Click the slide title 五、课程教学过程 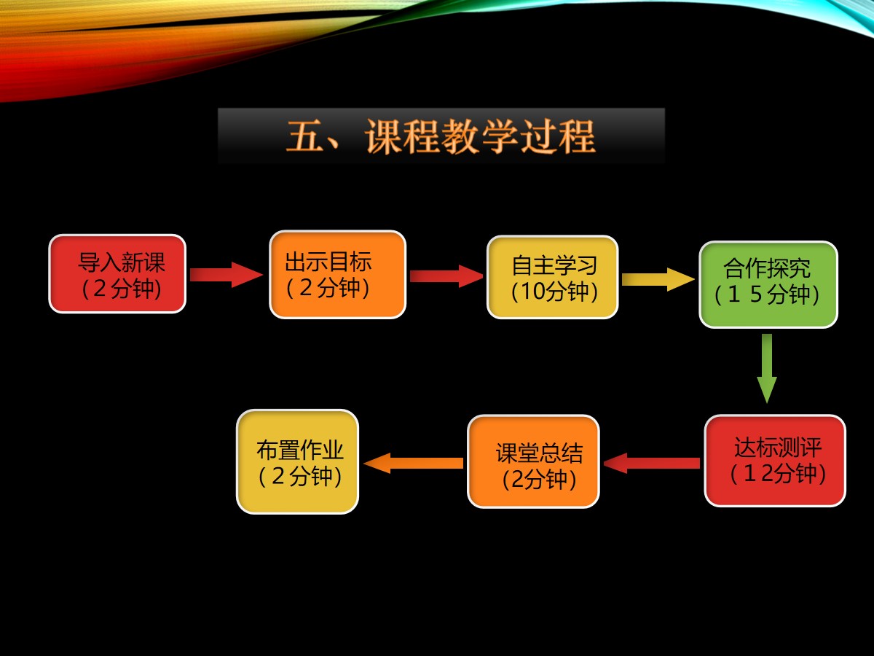tap(441, 136)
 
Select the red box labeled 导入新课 tap(117, 274)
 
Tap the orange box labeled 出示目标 tap(338, 275)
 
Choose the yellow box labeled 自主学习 tap(553, 277)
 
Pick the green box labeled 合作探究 tap(768, 284)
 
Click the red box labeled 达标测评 tap(775, 461)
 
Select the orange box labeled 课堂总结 tap(534, 461)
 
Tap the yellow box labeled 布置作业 tap(298, 461)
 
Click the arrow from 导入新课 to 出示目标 tap(227, 275)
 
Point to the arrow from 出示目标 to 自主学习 tap(446, 276)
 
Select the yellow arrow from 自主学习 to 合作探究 tap(658, 279)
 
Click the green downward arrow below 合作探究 tap(767, 368)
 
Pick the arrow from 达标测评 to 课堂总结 tap(652, 463)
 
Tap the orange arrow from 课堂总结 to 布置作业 tap(413, 463)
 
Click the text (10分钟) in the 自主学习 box tap(554, 291)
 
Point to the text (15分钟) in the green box tap(767, 294)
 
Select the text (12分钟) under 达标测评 tap(778, 473)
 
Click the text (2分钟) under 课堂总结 tap(539, 479)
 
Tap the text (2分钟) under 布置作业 tap(300, 475)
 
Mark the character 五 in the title tap(304, 136)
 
